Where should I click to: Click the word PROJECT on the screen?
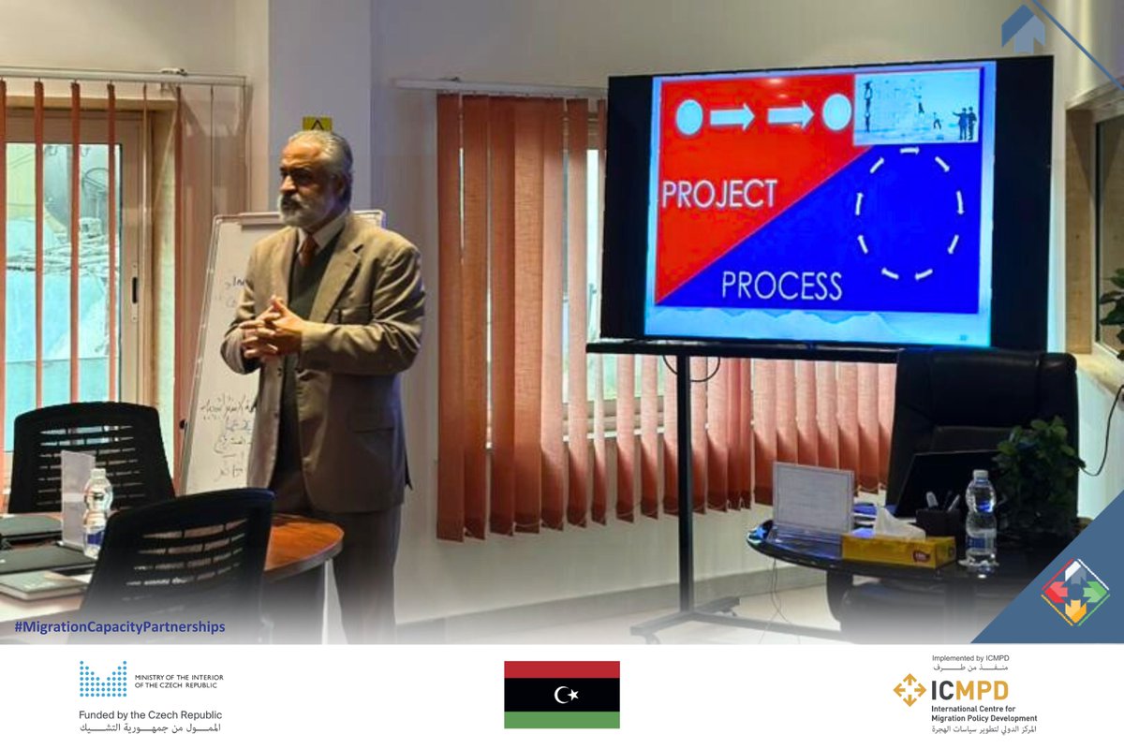point(719,193)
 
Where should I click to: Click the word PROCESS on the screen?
point(781,285)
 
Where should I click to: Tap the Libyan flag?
point(561,695)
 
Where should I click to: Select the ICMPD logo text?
point(969,691)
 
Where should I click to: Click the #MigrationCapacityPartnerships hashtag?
point(119,627)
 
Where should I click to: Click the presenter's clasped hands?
point(271,328)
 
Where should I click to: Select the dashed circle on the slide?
point(908,213)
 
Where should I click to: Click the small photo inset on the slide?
point(917,108)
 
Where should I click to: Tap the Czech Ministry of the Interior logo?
point(103,679)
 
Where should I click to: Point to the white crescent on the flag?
point(562,694)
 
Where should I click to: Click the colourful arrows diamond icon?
point(1075,592)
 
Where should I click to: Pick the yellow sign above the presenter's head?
point(317,124)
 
